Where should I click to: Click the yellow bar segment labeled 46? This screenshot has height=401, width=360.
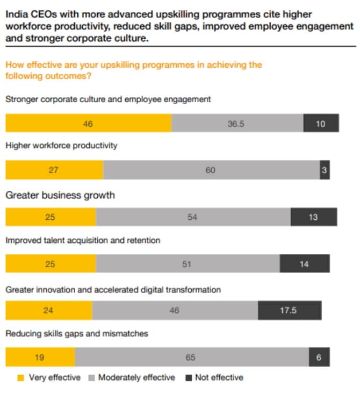tap(88, 124)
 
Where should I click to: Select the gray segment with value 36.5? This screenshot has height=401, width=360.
tap(237, 124)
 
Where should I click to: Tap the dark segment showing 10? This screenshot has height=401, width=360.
tap(321, 124)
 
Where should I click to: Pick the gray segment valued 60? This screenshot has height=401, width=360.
tap(211, 170)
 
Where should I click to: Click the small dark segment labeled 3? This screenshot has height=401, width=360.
tap(325, 170)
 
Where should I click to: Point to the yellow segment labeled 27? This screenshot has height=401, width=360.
tap(54, 170)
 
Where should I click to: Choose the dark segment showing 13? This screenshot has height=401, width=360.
tap(314, 217)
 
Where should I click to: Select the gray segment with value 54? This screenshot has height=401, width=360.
tap(193, 217)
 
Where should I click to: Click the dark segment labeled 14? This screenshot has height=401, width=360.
tap(304, 264)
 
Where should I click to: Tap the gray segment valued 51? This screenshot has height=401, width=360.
tap(188, 264)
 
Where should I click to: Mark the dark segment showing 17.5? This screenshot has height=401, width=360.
tap(289, 311)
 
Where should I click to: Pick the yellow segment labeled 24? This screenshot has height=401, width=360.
tap(48, 311)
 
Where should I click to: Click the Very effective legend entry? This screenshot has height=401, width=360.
tap(49, 378)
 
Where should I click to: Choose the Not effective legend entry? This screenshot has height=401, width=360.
tap(214, 378)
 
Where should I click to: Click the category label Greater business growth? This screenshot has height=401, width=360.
tap(60, 195)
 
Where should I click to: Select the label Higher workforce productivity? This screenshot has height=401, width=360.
tap(61, 146)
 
